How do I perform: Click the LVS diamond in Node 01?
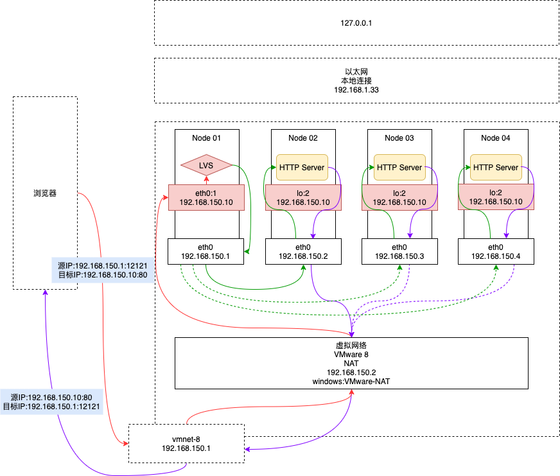click(206, 165)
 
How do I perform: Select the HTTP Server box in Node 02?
click(302, 167)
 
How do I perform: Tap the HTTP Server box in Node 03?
click(399, 167)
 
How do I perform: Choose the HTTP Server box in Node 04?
click(496, 167)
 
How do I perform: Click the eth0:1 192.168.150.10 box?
click(206, 198)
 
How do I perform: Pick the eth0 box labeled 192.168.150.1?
click(206, 252)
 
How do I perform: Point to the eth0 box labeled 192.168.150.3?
click(399, 252)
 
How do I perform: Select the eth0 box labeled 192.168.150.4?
click(496, 252)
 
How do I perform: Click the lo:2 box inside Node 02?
click(303, 198)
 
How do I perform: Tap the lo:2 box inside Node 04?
click(496, 197)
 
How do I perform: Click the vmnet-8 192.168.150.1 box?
click(186, 443)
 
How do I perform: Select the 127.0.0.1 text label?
click(356, 23)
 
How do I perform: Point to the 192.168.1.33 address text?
click(356, 90)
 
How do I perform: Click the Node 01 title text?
click(206, 138)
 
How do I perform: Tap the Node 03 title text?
click(399, 138)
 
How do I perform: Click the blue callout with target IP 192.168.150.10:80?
click(103, 270)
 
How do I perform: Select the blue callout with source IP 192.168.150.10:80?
click(51, 401)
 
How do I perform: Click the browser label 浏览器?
click(45, 193)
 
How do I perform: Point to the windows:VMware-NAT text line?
click(351, 382)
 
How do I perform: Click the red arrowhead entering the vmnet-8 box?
click(125, 443)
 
